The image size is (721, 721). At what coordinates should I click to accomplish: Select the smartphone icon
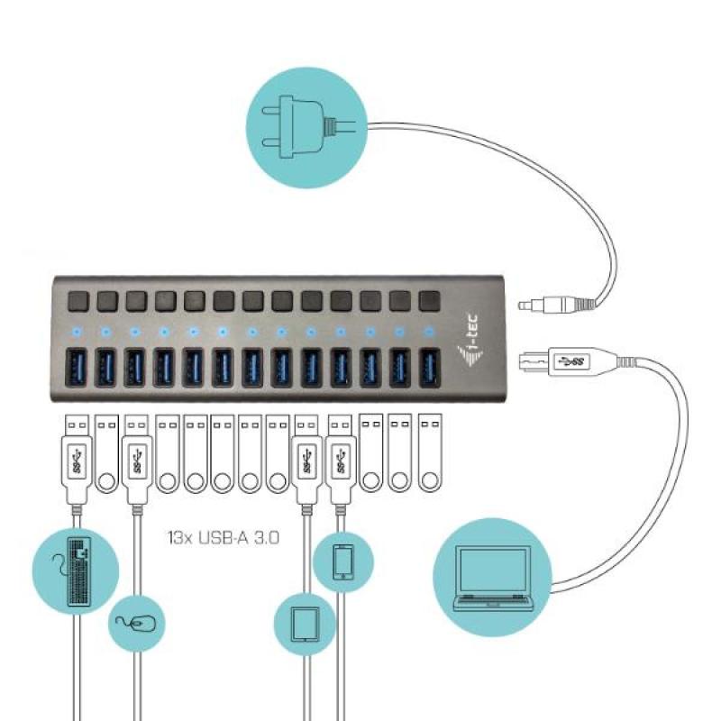[342, 561]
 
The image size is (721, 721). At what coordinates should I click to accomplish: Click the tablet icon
[304, 623]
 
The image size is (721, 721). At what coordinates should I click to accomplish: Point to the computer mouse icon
[137, 622]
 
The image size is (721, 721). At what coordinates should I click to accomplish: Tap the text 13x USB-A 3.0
[223, 539]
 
